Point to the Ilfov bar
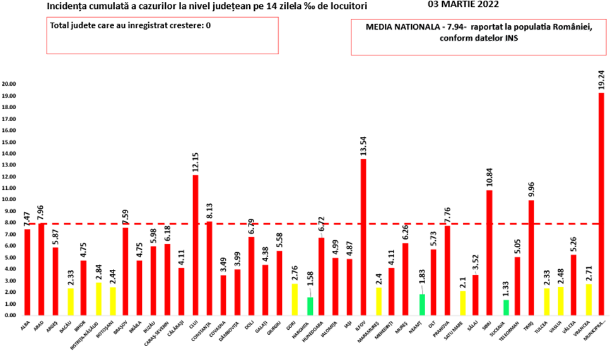coord(363,236)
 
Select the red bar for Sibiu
coord(489,252)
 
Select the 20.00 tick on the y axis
coord(9,84)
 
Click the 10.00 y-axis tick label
coord(9,199)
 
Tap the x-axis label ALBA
coord(25,323)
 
